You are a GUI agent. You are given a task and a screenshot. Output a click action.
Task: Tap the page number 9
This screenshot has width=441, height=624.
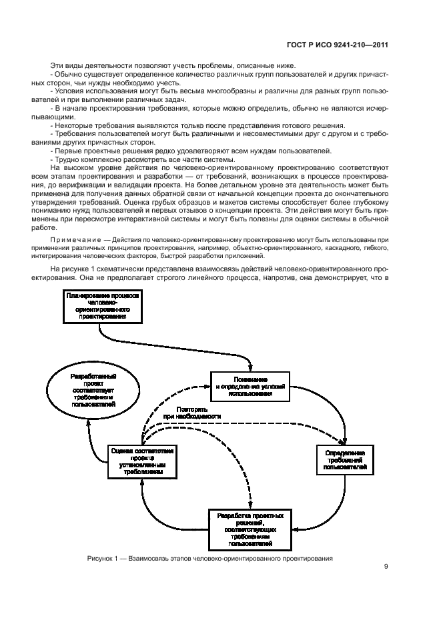(386, 567)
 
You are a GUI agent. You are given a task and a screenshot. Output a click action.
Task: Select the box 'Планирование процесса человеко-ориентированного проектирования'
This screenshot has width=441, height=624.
(102, 305)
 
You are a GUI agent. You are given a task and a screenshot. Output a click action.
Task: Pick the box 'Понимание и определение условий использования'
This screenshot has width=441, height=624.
(250, 386)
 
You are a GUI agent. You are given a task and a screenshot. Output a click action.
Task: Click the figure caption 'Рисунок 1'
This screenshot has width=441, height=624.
(209, 558)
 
